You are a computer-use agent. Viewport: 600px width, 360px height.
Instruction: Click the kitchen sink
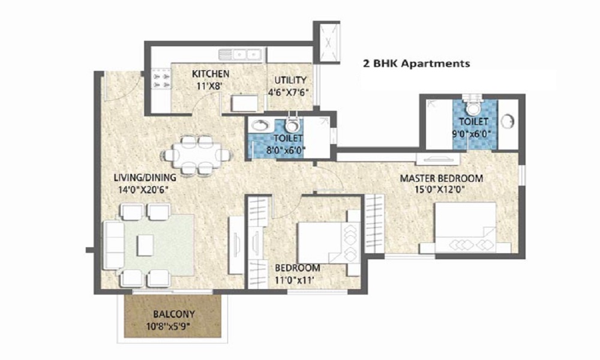pos(240,55)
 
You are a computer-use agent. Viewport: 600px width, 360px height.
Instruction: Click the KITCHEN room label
pos(211,73)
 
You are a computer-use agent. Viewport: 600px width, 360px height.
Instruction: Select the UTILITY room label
pos(290,80)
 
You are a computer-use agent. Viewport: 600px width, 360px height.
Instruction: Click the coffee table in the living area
pos(145,245)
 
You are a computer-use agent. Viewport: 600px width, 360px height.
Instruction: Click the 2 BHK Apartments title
pos(416,63)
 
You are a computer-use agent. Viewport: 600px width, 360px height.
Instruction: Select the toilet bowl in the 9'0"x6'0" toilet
pos(473,107)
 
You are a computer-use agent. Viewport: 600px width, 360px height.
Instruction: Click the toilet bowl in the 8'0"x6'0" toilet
pos(293,124)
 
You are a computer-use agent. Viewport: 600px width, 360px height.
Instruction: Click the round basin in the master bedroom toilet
pos(508,121)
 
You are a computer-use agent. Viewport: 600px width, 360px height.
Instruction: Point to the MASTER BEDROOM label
pos(441,178)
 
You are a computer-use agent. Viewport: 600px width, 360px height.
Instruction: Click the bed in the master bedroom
pos(466,227)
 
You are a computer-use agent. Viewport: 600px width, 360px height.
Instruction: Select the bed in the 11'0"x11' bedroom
pos(329,243)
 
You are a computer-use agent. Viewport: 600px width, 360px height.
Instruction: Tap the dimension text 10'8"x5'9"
pos(169,327)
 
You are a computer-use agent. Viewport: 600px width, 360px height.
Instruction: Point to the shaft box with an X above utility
pos(327,43)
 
